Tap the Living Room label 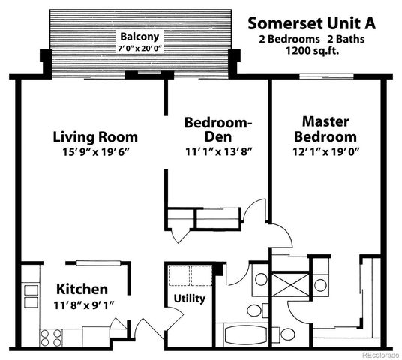[x=95, y=137]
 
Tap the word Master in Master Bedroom [x=325, y=121]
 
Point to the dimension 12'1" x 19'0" [x=325, y=151]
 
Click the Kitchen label [x=82, y=289]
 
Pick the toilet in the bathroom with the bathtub [x=253, y=310]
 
